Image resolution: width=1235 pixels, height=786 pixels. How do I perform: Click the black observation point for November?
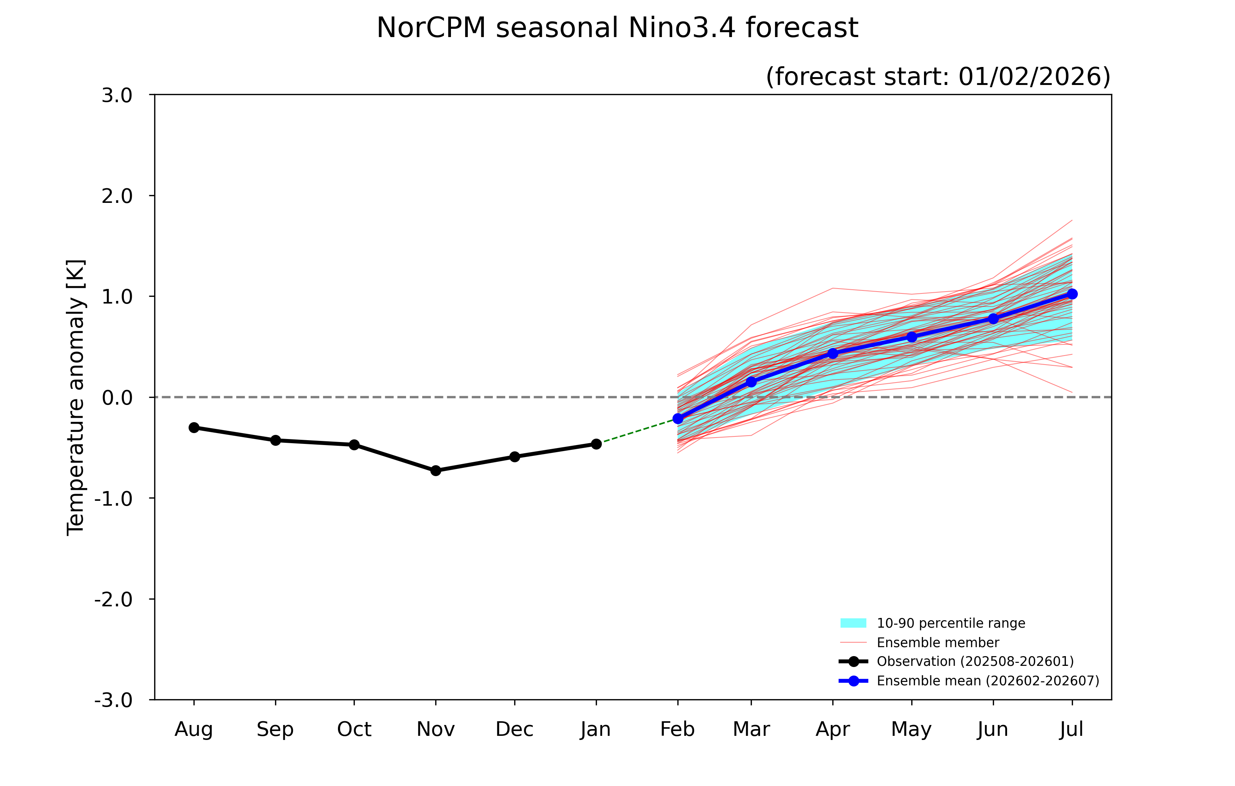435,470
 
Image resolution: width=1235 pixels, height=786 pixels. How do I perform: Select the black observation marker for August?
194,427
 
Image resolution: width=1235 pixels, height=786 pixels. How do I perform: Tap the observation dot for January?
596,444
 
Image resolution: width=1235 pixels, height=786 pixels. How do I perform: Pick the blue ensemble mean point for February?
677,419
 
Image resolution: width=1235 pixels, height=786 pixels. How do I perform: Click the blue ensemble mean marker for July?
1072,293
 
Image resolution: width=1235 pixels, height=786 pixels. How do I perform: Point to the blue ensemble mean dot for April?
832,353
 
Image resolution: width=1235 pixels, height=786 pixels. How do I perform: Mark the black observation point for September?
275,440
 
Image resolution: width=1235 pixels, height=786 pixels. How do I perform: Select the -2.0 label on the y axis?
113,599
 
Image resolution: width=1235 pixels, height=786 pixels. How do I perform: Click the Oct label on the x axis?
354,729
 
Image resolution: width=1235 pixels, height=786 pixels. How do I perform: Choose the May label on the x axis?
911,729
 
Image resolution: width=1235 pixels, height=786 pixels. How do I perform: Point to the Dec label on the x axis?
515,729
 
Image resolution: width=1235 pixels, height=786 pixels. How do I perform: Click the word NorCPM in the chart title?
431,28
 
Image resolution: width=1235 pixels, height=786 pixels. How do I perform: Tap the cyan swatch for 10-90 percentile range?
853,623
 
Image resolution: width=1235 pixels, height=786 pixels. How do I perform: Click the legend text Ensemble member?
937,642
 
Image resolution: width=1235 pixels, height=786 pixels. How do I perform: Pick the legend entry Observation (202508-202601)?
975,661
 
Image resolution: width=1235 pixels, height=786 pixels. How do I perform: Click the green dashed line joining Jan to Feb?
637,431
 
